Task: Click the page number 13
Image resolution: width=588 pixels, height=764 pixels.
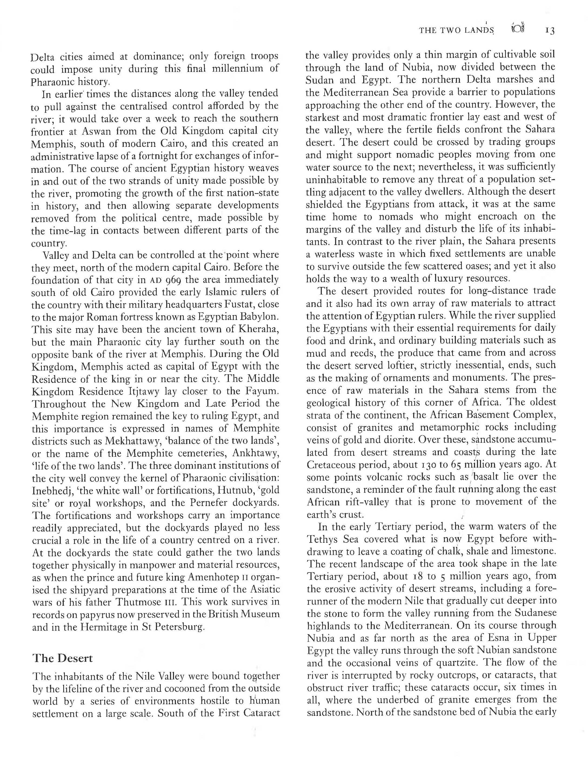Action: tap(550, 31)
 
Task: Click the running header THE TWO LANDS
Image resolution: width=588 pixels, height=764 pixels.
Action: tap(456, 31)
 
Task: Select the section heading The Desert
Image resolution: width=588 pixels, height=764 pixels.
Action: tap(63, 658)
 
